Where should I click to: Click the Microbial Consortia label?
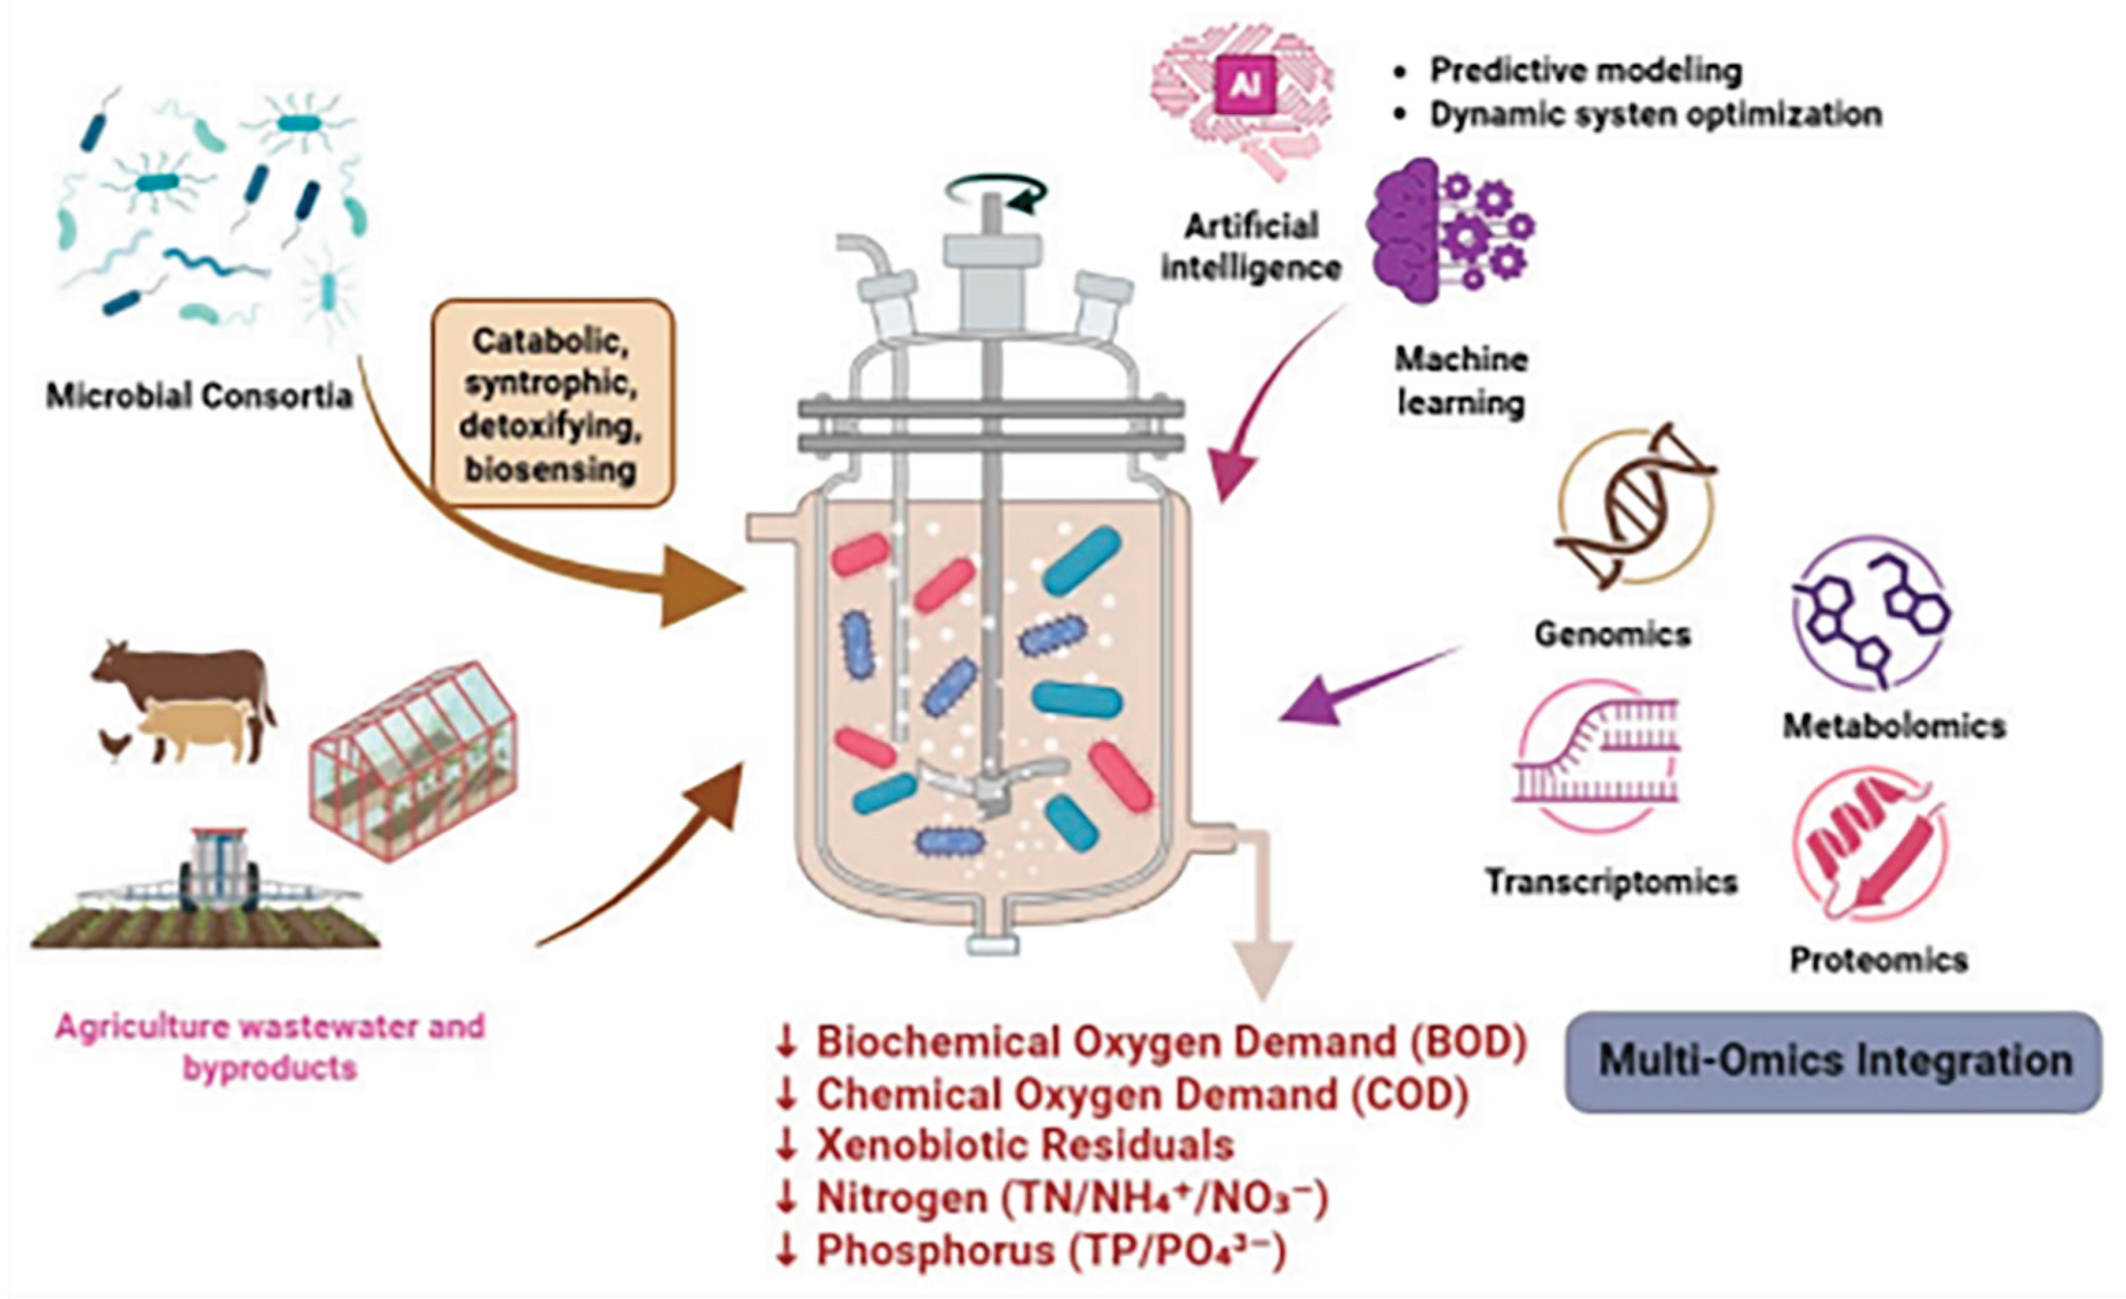click(199, 396)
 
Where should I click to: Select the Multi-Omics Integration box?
click(1834, 1061)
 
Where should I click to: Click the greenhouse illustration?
click(412, 759)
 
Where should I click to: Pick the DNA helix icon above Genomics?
click(1635, 507)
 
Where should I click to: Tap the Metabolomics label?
click(1894, 726)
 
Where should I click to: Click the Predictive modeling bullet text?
click(1586, 70)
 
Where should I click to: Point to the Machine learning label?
click(1461, 380)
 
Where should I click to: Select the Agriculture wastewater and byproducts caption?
click(270, 1047)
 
